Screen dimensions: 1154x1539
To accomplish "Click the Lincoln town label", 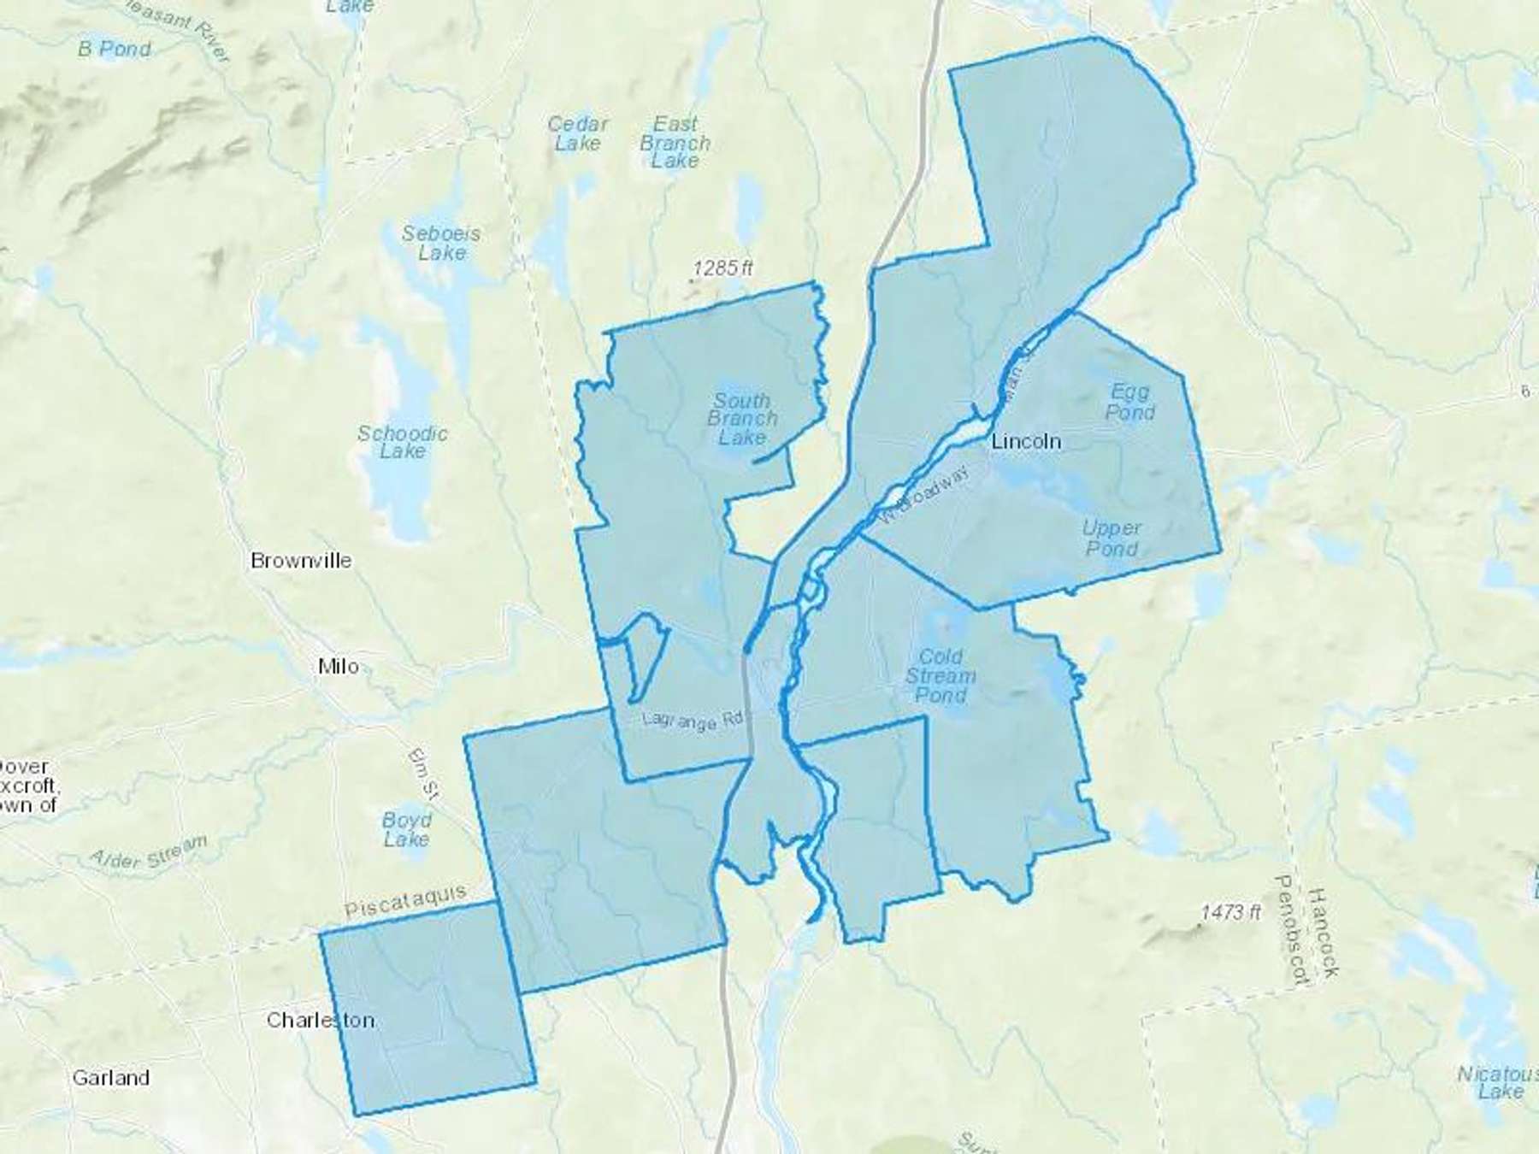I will [x=1026, y=441].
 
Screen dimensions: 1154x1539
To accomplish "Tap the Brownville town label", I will [x=301, y=561].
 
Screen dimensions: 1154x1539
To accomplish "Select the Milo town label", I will [x=339, y=666].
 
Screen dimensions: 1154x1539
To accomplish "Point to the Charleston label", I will [x=321, y=1020].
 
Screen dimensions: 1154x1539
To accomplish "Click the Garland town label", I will [x=110, y=1077].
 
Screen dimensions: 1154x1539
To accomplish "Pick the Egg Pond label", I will [x=1129, y=402].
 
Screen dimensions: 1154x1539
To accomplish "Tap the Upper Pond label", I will [x=1111, y=538].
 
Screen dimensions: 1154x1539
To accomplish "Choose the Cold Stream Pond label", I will [x=940, y=675].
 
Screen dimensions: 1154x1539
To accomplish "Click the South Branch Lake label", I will [x=742, y=419].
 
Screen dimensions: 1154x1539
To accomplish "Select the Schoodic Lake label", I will [x=403, y=442].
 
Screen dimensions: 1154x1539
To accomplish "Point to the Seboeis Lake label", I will [x=441, y=243].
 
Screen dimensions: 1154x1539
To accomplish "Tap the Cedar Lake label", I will [x=578, y=133].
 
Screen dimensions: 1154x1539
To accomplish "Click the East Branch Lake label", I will [x=675, y=142].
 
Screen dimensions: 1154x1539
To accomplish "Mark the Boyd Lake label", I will [x=407, y=829].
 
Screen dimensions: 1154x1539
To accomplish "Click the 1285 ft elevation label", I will [x=722, y=268].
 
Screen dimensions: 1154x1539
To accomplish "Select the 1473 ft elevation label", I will [x=1230, y=912].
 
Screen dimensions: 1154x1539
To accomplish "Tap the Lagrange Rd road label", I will [x=692, y=721].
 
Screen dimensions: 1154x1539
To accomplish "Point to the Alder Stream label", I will [x=149, y=851].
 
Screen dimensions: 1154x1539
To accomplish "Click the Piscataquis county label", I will [x=405, y=902].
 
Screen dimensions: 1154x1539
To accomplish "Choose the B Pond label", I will [x=115, y=49].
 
